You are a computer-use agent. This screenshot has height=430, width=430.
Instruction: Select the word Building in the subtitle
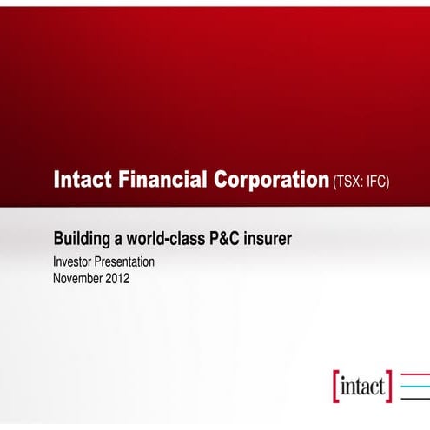point(83,237)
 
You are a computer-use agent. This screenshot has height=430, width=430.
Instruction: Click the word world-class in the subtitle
point(161,236)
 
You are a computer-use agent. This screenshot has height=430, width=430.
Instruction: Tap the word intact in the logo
point(362,386)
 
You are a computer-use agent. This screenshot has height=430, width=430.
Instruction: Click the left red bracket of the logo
point(336,386)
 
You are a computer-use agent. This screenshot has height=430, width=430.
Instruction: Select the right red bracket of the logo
point(389,386)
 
